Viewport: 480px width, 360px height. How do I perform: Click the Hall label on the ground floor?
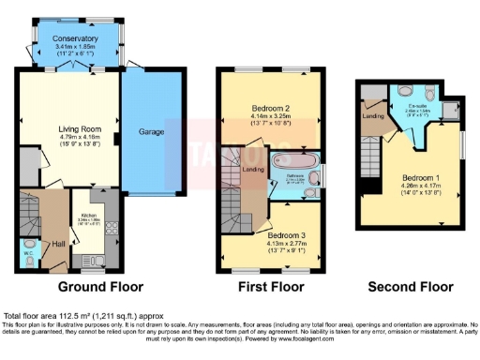pyautogui.click(x=57, y=243)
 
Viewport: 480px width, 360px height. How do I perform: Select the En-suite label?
pyautogui.click(x=414, y=106)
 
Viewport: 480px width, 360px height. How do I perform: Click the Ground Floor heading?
pyautogui.click(x=100, y=285)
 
